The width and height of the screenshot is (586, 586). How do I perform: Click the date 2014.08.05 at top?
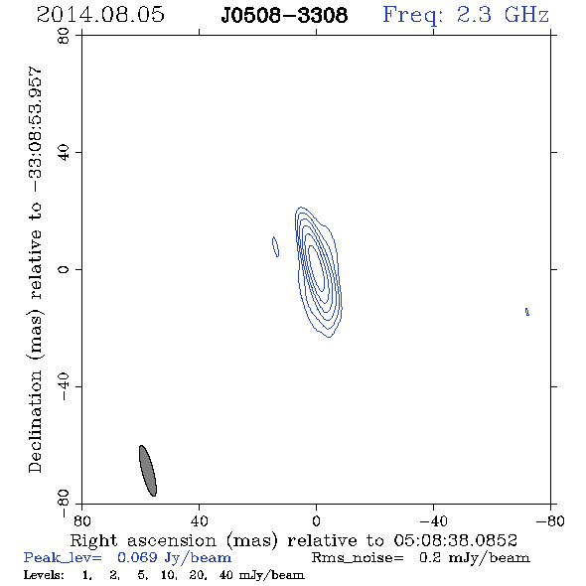[100, 15]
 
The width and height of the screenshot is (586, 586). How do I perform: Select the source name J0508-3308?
[284, 15]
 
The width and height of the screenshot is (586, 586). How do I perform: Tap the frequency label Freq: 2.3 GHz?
[466, 15]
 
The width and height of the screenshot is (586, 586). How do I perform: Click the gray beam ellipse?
[148, 471]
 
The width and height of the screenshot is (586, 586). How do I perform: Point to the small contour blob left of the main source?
[275, 246]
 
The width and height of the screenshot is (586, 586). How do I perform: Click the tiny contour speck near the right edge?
[527, 312]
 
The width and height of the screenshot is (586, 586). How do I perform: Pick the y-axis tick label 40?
[64, 153]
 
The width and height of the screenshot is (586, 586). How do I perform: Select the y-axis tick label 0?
[64, 269]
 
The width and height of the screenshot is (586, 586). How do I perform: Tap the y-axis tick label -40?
[64, 386]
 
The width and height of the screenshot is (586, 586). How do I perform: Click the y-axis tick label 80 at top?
[64, 36]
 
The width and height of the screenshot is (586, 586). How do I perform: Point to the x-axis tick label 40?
[199, 520]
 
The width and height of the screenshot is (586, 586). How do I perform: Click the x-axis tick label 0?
[316, 520]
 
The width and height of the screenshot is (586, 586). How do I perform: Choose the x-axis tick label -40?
[433, 520]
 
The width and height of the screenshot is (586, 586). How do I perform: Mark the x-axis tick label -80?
[550, 520]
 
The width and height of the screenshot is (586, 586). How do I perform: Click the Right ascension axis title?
[293, 540]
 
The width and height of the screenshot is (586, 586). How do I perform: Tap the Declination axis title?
[35, 269]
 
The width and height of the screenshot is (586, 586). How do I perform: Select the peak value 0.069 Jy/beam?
[174, 558]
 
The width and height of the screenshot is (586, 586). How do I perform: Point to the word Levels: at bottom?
[44, 574]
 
